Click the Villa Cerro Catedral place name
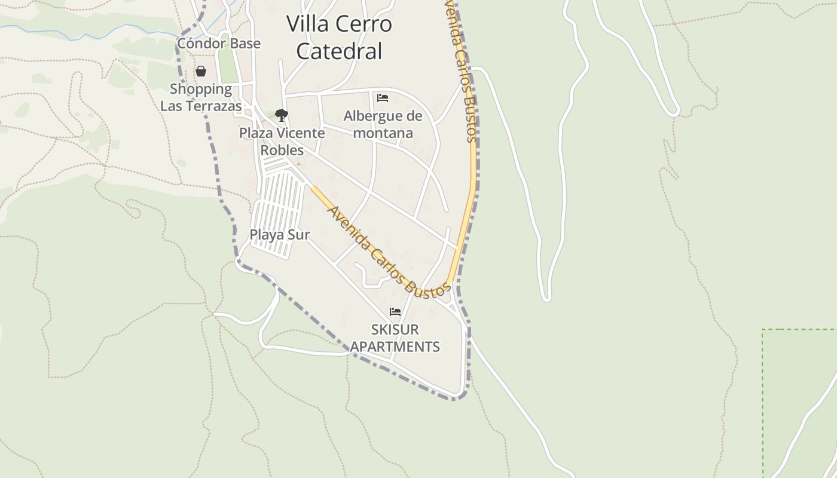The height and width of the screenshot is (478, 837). [x=339, y=37]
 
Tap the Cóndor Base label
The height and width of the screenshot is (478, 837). [x=219, y=44]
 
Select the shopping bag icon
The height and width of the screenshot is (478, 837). [x=201, y=72]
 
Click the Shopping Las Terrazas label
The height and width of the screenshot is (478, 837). [x=201, y=97]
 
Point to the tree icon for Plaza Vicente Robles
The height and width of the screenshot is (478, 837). [x=281, y=115]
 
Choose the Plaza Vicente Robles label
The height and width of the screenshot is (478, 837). [x=282, y=142]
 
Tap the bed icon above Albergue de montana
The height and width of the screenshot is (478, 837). [x=383, y=97]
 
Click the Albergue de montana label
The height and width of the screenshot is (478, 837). [x=383, y=124]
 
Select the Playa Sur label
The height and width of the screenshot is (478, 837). [x=280, y=235]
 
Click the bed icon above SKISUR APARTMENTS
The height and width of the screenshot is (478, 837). [x=395, y=312]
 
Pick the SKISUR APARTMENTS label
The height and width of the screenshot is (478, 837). [x=395, y=338]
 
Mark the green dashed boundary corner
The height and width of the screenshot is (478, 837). [x=763, y=330]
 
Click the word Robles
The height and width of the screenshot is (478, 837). [x=282, y=150]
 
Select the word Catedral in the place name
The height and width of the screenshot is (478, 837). [x=339, y=51]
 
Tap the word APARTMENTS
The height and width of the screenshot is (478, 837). [x=395, y=347]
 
